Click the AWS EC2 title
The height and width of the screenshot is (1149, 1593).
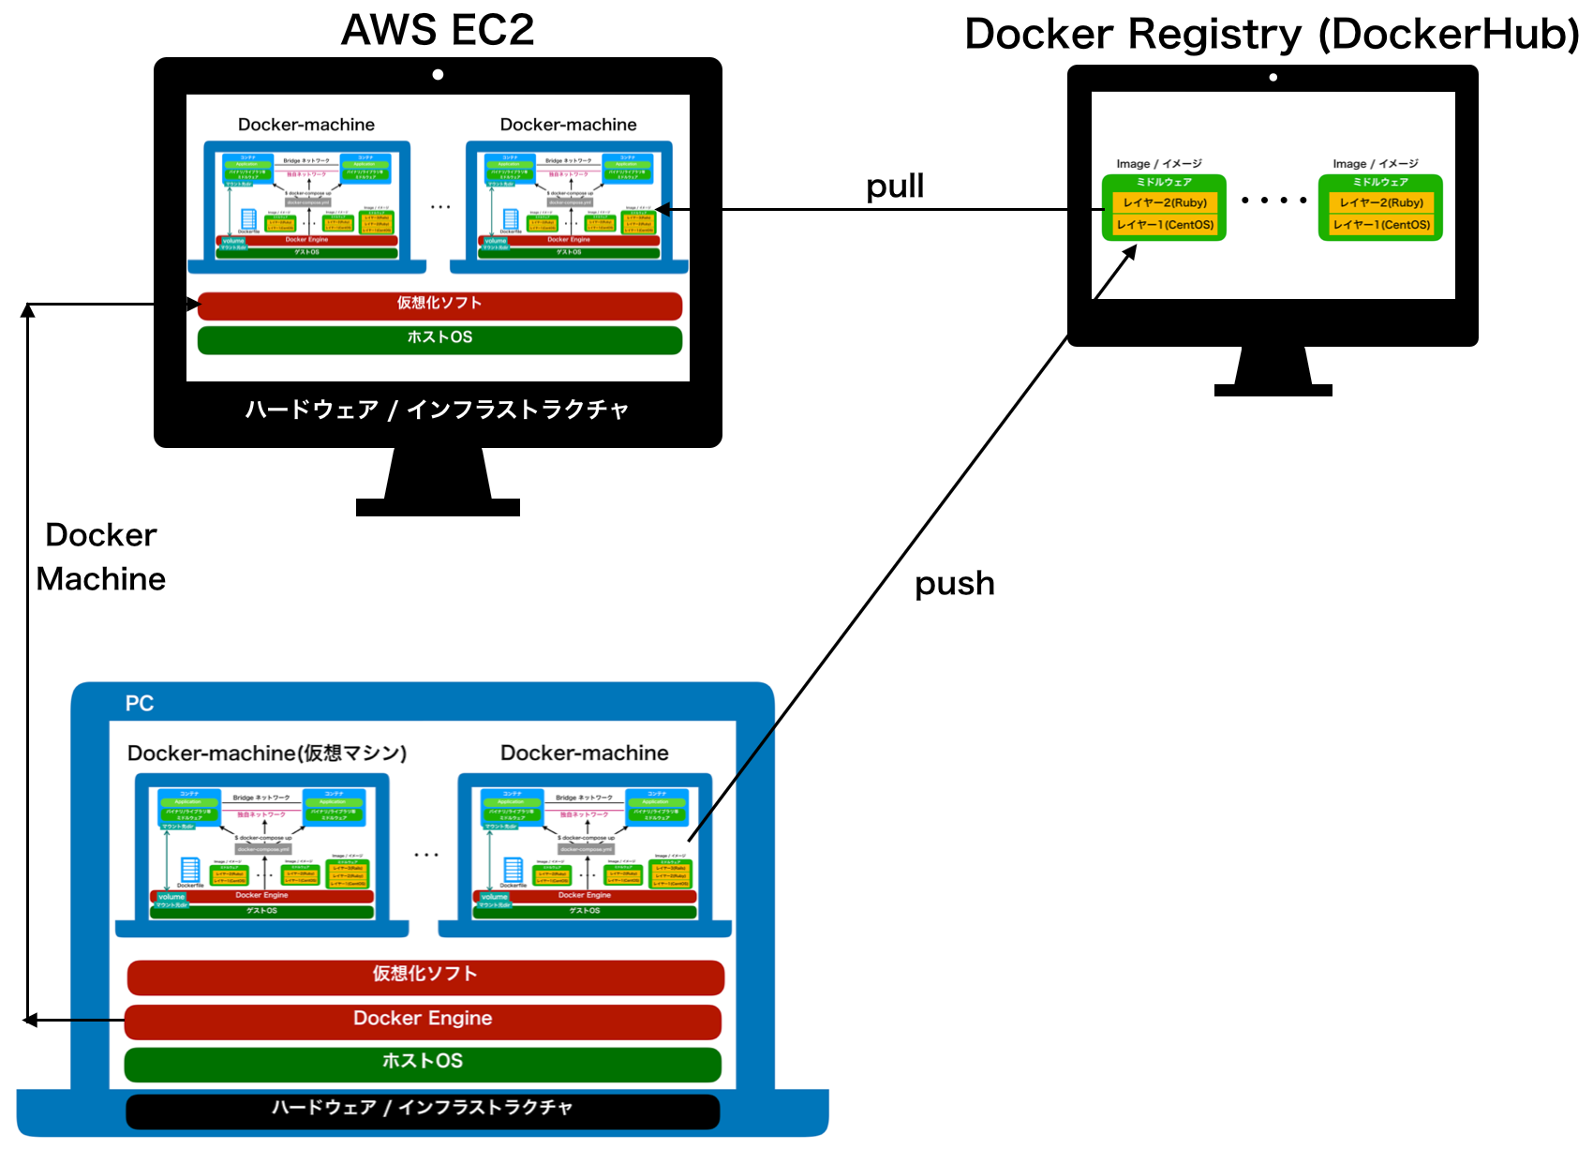438,30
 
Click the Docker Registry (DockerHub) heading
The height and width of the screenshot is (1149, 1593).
1272,35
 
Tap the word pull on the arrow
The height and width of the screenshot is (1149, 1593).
895,187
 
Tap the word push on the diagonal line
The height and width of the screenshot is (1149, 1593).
954,584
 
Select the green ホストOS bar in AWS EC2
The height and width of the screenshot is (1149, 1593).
439,339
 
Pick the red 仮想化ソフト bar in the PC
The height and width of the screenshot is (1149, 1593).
425,977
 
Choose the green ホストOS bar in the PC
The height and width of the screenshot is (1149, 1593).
423,1064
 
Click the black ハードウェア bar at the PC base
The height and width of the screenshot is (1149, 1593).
423,1111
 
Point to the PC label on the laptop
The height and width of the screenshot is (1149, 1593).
140,704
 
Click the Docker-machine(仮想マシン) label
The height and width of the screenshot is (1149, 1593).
267,754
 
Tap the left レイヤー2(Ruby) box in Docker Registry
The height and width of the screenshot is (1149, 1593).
1165,202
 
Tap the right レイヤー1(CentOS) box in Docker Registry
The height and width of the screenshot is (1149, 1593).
1381,225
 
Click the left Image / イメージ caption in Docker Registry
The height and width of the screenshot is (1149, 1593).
1158,164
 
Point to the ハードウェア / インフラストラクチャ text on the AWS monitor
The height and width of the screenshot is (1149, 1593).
438,410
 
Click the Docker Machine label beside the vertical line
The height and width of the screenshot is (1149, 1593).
101,558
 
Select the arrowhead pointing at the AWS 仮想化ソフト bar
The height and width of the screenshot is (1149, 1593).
193,304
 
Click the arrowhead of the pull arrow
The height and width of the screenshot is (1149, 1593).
662,209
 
